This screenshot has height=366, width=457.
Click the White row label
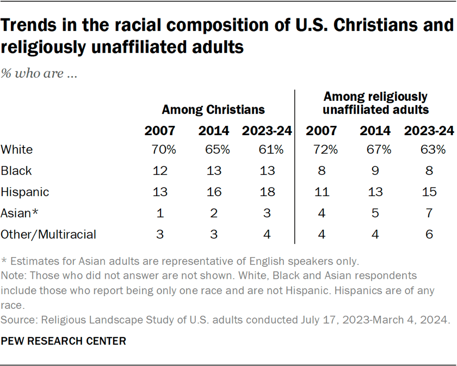[x=16, y=149]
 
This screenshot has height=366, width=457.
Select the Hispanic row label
[x=25, y=192]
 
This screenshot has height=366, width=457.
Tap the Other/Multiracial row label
[x=48, y=234]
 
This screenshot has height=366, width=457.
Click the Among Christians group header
[x=213, y=109]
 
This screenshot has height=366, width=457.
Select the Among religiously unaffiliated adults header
[x=375, y=103]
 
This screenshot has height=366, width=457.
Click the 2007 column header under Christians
[x=160, y=131]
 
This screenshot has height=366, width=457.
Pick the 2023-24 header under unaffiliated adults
[x=429, y=131]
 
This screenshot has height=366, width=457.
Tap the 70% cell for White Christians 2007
[x=160, y=149]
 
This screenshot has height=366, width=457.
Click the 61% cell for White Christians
[x=267, y=149]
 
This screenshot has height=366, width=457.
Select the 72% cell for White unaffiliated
[x=322, y=149]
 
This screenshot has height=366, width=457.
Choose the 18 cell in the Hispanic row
[x=267, y=192]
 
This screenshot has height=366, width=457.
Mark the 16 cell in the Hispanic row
[x=214, y=192]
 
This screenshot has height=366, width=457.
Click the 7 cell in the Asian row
[x=429, y=213]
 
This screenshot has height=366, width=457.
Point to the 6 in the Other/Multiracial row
[x=429, y=234]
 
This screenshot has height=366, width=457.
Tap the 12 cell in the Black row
[x=160, y=170]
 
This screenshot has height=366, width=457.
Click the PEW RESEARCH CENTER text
[x=64, y=341]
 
